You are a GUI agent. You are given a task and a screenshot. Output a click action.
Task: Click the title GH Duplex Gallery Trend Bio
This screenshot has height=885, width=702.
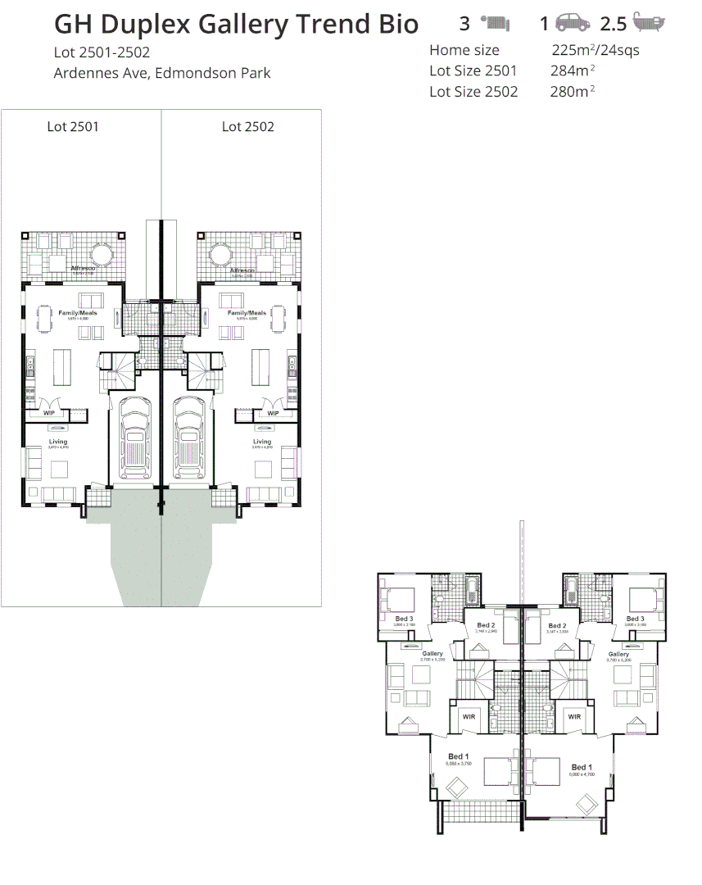click(x=236, y=25)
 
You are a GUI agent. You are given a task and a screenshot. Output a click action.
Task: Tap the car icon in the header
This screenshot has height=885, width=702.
click(x=573, y=24)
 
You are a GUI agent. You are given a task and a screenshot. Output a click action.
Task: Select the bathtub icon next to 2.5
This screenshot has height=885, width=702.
click(x=649, y=24)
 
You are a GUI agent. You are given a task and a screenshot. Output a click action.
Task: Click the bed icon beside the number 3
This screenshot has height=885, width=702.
click(x=496, y=23)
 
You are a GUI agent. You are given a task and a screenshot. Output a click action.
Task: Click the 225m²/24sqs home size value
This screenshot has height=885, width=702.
click(x=596, y=50)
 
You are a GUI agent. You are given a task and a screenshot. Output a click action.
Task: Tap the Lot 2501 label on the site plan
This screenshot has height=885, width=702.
click(x=73, y=126)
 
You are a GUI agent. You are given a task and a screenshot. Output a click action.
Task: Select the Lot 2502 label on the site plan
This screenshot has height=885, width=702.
click(x=247, y=126)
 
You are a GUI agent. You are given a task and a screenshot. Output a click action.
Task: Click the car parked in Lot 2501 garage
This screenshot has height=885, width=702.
click(x=134, y=438)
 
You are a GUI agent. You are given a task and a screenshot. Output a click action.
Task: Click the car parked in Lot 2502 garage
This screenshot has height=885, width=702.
click(x=189, y=438)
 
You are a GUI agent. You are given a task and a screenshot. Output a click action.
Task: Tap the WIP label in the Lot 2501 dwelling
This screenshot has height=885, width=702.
click(x=49, y=413)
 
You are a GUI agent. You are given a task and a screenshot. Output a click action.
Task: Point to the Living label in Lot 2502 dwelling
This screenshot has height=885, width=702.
click(x=262, y=442)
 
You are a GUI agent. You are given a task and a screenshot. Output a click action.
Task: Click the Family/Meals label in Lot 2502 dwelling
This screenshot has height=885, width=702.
click(x=247, y=313)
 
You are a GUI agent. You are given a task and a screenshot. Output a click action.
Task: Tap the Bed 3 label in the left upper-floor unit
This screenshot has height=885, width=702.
click(x=404, y=619)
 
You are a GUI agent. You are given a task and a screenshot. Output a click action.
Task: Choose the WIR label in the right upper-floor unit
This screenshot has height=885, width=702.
click(x=574, y=716)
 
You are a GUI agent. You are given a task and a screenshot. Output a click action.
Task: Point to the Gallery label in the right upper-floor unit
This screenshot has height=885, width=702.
click(x=618, y=654)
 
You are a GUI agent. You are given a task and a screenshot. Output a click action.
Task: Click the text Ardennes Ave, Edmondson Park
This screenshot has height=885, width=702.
click(x=161, y=73)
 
